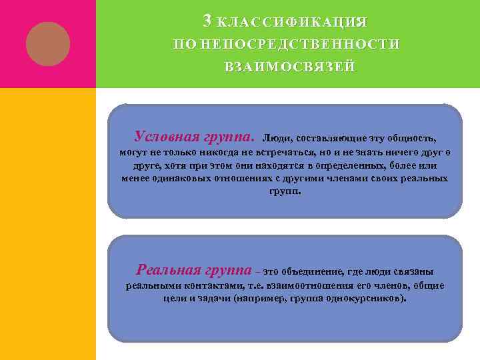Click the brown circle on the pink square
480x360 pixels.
point(48,43)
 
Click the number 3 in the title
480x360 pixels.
point(207,21)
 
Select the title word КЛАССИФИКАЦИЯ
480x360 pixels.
point(292,23)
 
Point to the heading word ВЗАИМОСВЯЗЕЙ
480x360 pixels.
point(289,67)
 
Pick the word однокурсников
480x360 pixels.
point(364,299)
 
